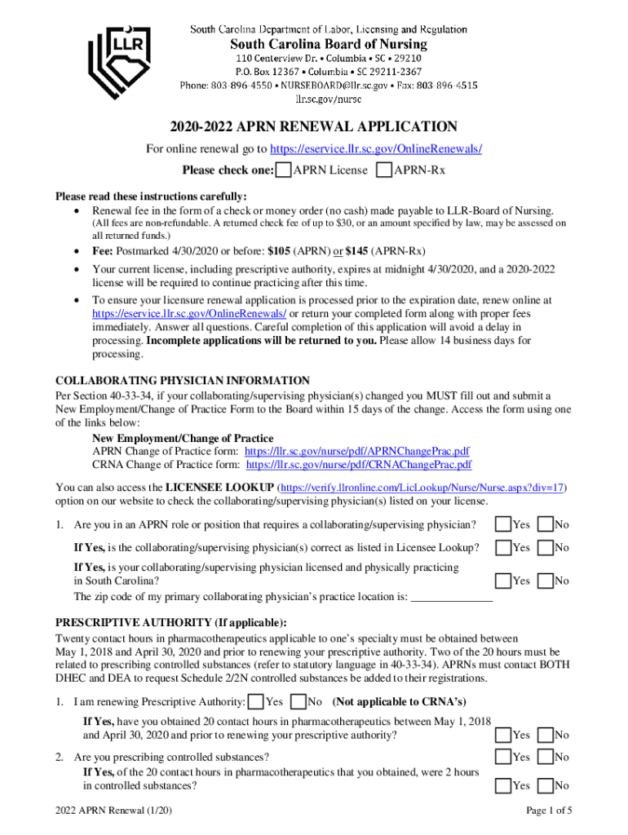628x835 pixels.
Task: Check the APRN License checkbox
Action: tap(283, 170)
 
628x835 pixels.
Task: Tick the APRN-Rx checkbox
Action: tap(384, 170)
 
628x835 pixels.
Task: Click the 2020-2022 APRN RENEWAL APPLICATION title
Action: tap(313, 127)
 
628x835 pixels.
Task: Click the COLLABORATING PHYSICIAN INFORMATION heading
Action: tap(182, 381)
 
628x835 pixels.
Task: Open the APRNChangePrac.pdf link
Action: tap(356, 451)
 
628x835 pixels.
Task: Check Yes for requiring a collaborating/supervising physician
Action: tap(504, 524)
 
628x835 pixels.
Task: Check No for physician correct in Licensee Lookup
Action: tap(546, 548)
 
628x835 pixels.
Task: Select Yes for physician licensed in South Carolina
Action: tap(504, 581)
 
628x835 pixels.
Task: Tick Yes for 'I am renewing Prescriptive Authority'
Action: tap(256, 701)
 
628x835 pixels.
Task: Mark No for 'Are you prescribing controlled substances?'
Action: tap(546, 757)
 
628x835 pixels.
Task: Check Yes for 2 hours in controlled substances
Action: tap(504, 785)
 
